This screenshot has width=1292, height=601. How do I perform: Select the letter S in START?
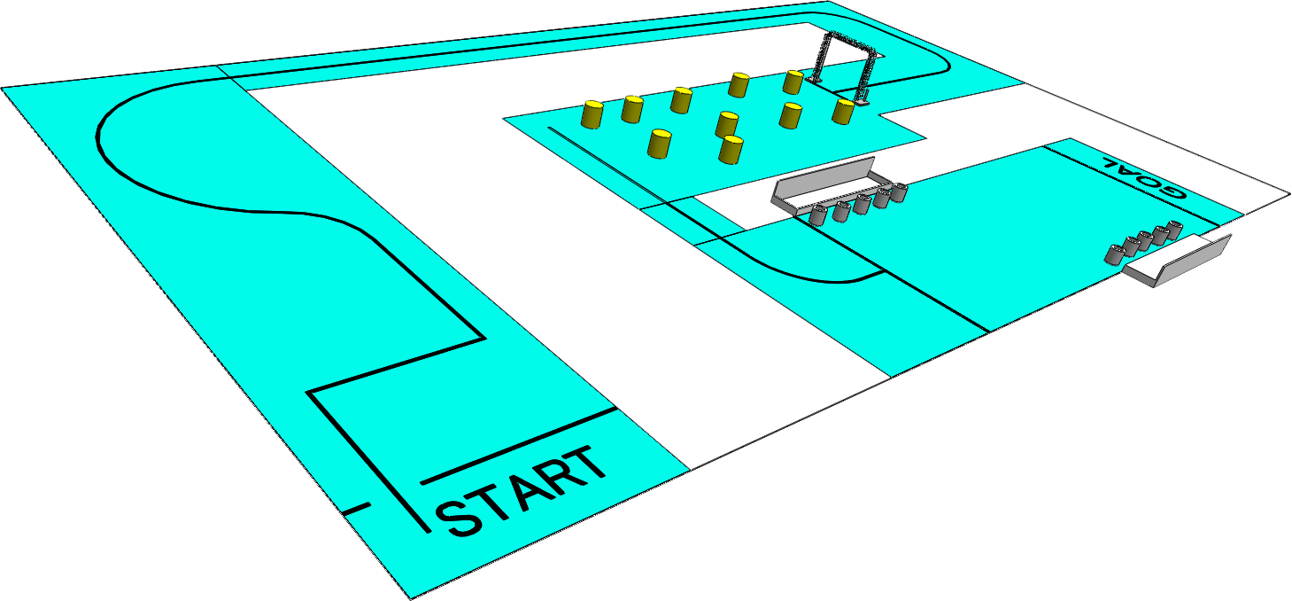pos(460,518)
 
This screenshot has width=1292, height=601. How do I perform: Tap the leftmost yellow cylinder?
pos(592,114)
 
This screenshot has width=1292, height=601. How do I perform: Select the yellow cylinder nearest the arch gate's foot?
pos(843,111)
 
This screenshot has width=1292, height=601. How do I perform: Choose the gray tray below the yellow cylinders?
pos(824,185)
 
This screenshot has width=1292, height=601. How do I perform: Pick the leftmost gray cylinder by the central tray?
pos(818,215)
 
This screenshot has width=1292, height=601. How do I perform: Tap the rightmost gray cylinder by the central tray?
pos(900,192)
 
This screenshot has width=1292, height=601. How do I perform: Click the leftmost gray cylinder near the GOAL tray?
pos(1114,254)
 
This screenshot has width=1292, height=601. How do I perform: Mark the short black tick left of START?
pos(355,509)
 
